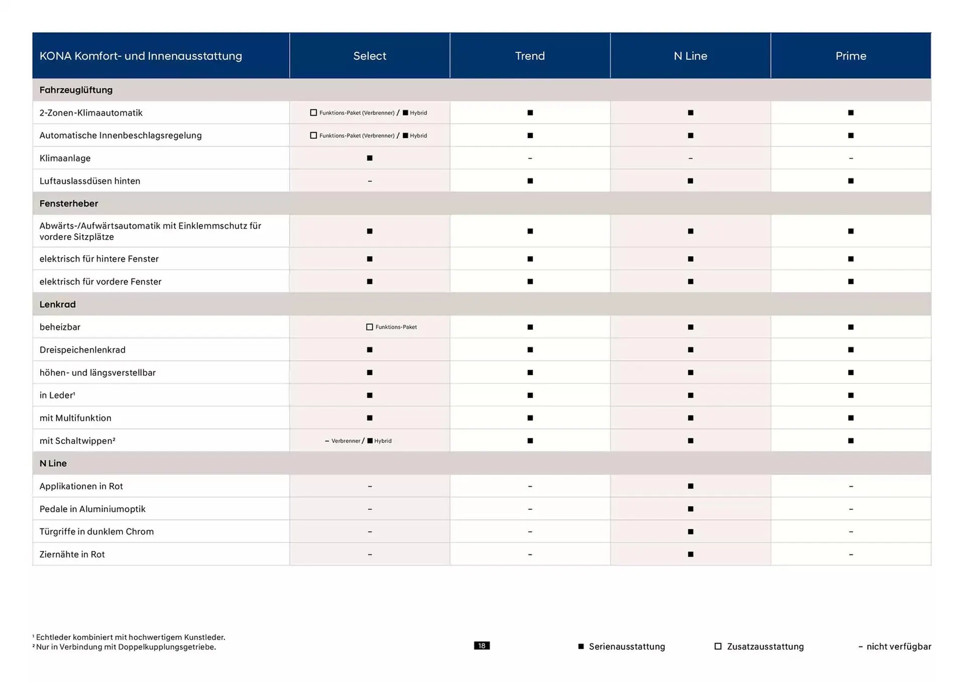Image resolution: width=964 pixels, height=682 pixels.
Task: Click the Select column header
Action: coord(370,56)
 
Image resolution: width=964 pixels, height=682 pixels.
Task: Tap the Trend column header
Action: coord(530,56)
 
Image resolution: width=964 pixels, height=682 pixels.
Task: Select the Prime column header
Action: coord(851,56)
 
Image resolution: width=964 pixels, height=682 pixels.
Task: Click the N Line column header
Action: coord(690,56)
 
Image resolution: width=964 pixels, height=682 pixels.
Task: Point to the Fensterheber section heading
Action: coord(69,203)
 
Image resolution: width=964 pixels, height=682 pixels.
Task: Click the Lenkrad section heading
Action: coord(58,304)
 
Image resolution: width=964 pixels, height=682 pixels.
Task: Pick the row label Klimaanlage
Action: coord(65,158)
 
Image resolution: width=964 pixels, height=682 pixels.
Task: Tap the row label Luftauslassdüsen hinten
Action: coord(90,181)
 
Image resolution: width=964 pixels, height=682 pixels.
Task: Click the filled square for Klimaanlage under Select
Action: coord(370,158)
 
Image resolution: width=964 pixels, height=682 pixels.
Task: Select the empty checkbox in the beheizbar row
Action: coord(370,327)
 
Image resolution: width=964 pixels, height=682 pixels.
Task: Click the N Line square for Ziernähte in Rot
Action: coord(690,554)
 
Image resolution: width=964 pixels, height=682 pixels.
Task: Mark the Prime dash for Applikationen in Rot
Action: coord(851,486)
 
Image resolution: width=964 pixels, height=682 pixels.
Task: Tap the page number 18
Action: coord(481,646)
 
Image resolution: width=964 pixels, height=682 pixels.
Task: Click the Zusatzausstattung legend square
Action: coord(718,646)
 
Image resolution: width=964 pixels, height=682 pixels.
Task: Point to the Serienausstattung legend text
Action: coord(627,647)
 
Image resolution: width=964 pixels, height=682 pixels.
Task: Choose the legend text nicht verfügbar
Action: coord(899,647)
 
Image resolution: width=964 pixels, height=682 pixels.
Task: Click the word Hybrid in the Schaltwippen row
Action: coord(383,441)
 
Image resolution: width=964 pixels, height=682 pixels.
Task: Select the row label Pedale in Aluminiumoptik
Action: coord(92,509)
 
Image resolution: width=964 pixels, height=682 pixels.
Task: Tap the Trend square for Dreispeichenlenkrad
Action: coord(530,350)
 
